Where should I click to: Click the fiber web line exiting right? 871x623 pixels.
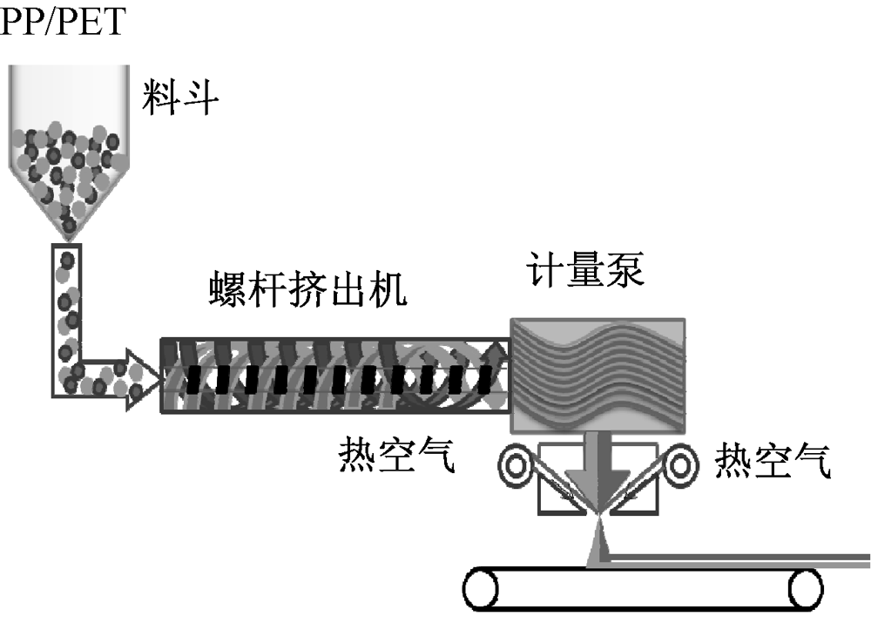click(740, 560)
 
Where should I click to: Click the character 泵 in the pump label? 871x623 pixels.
click(625, 270)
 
